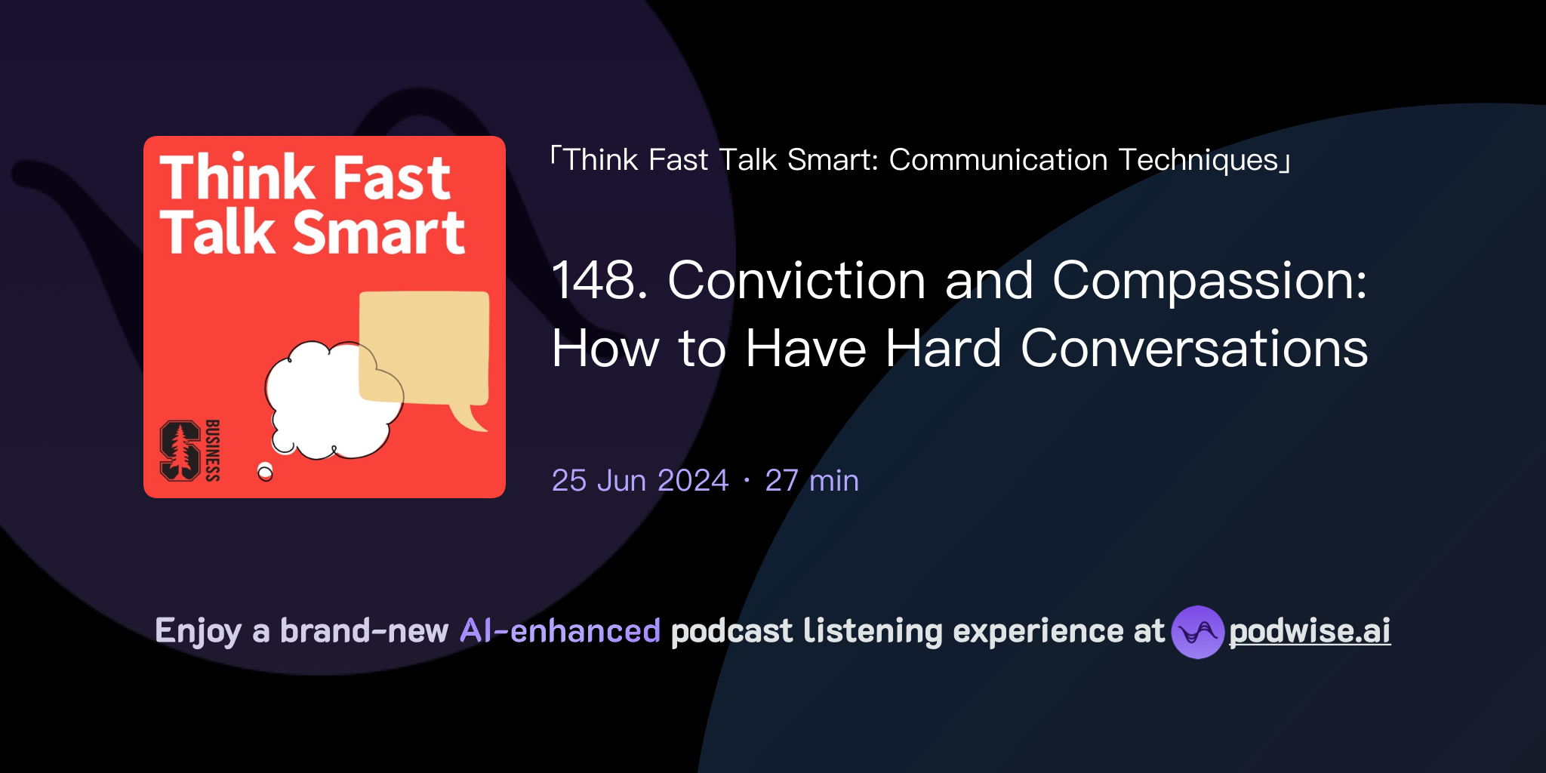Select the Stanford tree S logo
pyautogui.click(x=180, y=451)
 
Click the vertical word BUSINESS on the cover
pyautogui.click(x=213, y=451)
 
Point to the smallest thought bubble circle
pyautogui.click(x=265, y=473)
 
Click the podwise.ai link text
pyautogui.click(x=1309, y=631)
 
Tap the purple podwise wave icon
pyautogui.click(x=1197, y=632)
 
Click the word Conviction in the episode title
pyautogui.click(x=796, y=281)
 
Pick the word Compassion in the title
pyautogui.click(x=1208, y=281)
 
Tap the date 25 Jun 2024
pyautogui.click(x=640, y=481)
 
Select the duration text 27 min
pyautogui.click(x=812, y=481)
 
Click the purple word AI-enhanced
pyautogui.click(x=560, y=631)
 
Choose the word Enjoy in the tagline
pyautogui.click(x=198, y=631)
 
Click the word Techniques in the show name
pyautogui.click(x=1198, y=160)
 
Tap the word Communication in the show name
pyautogui.click(x=998, y=160)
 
